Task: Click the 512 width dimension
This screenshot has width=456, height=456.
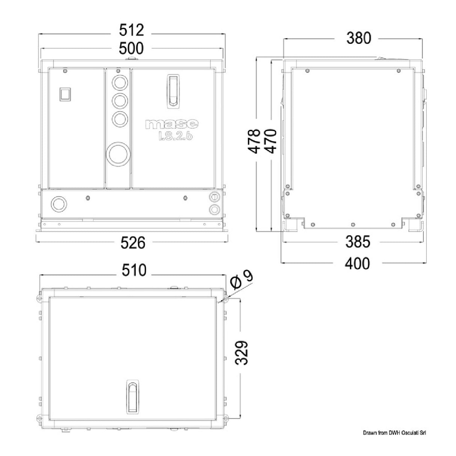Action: (x=131, y=30)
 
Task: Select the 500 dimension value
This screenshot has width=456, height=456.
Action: (x=131, y=48)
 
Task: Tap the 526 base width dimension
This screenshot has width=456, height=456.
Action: (x=133, y=243)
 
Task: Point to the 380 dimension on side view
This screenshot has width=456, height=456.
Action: (x=359, y=38)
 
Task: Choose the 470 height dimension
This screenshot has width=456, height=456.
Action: (x=271, y=141)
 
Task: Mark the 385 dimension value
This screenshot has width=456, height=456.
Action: (x=358, y=242)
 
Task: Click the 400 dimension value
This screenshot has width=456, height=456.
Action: (x=357, y=264)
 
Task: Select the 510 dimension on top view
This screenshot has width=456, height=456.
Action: (x=134, y=270)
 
